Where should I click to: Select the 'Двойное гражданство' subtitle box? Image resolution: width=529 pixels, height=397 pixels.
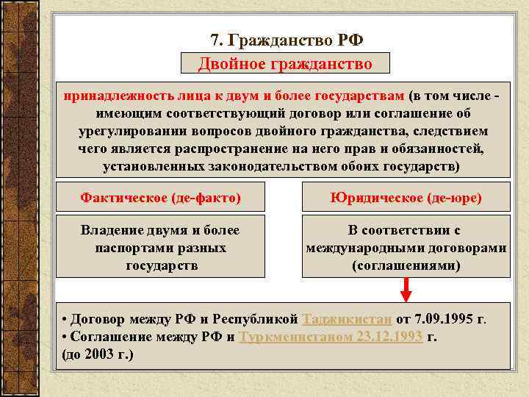[285, 63]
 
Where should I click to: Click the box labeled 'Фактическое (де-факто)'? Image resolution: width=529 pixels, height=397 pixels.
[160, 198]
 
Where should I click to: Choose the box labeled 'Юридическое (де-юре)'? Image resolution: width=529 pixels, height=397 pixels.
[406, 198]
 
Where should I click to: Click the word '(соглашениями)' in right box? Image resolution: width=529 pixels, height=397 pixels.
[406, 265]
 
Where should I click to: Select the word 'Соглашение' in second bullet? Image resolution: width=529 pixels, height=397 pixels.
[112, 337]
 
